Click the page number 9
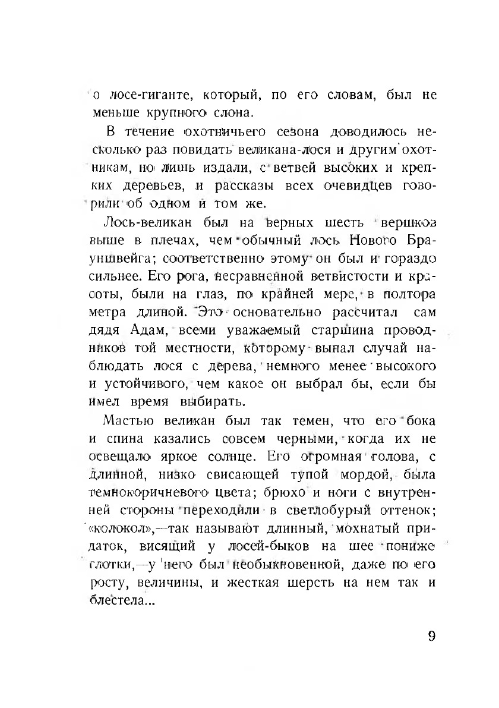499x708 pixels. point(431,635)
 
